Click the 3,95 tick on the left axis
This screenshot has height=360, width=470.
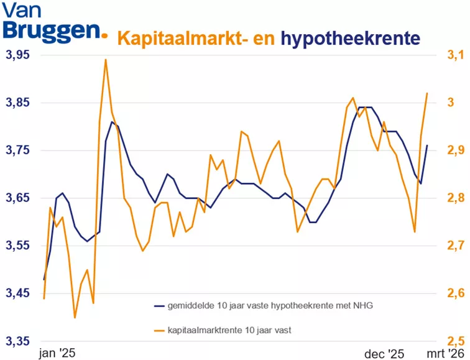17,55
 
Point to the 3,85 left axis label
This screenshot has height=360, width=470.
17,103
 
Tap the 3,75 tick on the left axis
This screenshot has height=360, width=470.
17,151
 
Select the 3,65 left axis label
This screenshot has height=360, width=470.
17,198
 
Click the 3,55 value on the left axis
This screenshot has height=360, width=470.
17,246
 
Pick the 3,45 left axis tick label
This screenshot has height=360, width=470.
17,293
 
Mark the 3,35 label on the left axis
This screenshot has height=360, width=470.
17,341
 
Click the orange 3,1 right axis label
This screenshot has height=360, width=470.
456,55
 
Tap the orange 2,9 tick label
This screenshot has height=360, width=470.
456,151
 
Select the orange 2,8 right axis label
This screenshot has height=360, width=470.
456,198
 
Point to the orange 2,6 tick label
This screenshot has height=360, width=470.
456,293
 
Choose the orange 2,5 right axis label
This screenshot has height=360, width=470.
456,341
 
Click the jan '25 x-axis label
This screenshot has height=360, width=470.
57,353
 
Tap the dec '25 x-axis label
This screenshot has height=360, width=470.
383,353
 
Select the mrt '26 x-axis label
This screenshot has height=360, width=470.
444,353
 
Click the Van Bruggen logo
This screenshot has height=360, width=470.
53,24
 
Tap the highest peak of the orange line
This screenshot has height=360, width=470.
106,60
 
